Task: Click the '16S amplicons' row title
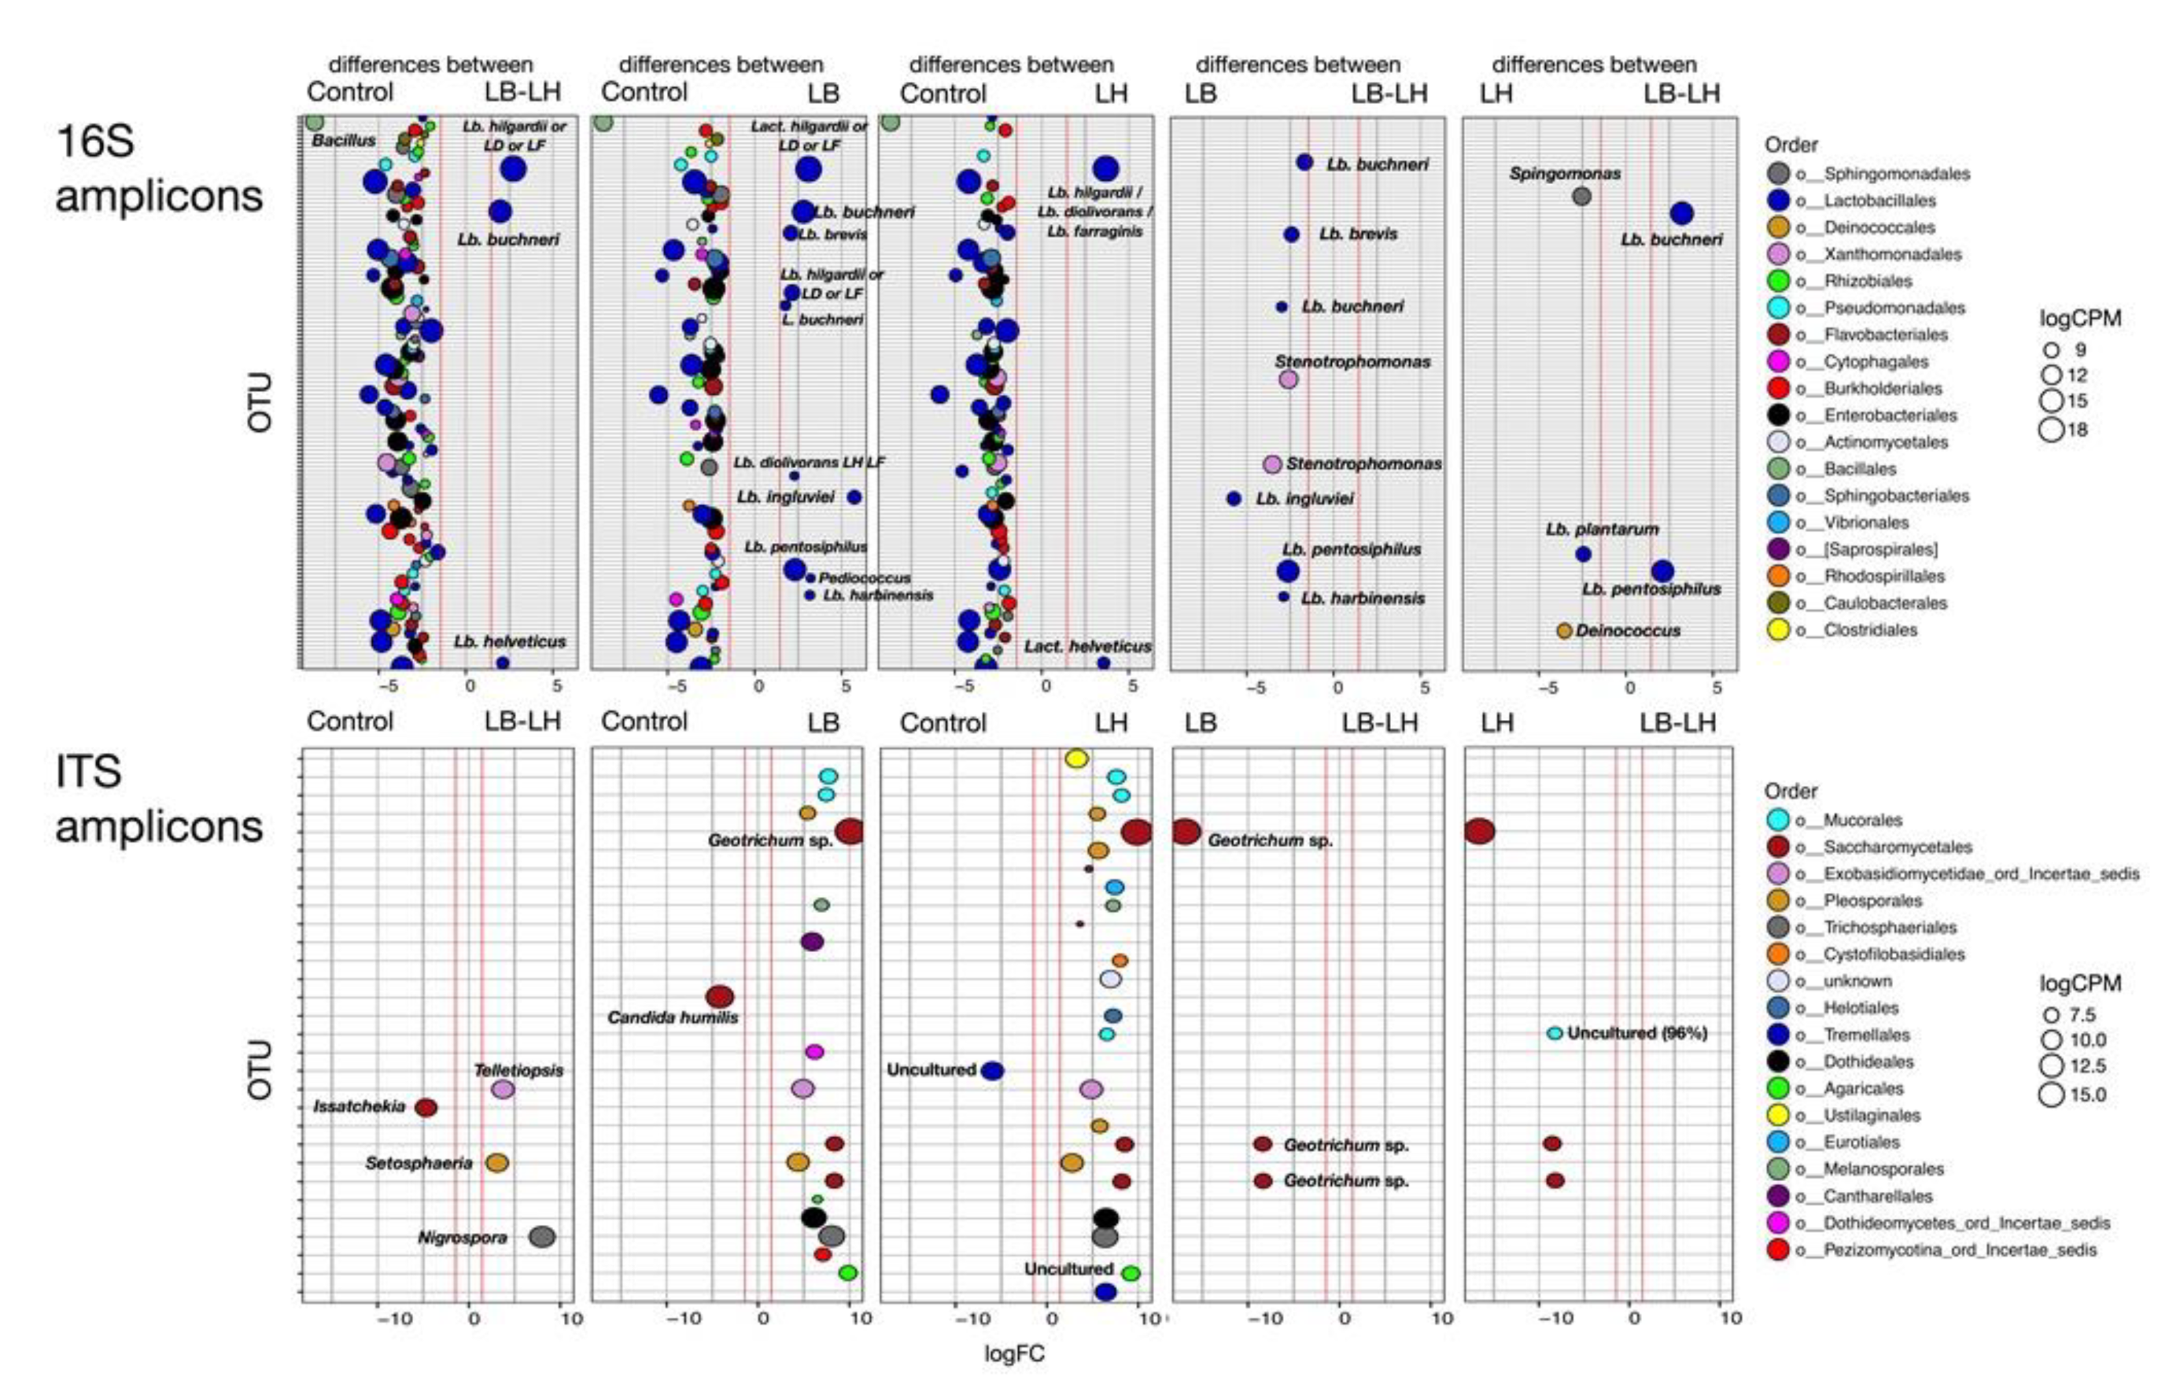(x=159, y=168)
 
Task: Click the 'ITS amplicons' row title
(x=159, y=799)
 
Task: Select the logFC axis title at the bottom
(x=1014, y=1353)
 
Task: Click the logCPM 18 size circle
(x=2051, y=429)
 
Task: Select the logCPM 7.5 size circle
(x=2051, y=1015)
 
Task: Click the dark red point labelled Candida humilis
(x=720, y=996)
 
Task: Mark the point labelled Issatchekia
(x=425, y=1107)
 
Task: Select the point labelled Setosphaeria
(x=497, y=1163)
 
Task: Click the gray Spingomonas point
(x=1581, y=196)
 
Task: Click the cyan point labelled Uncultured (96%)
(x=1554, y=1033)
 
